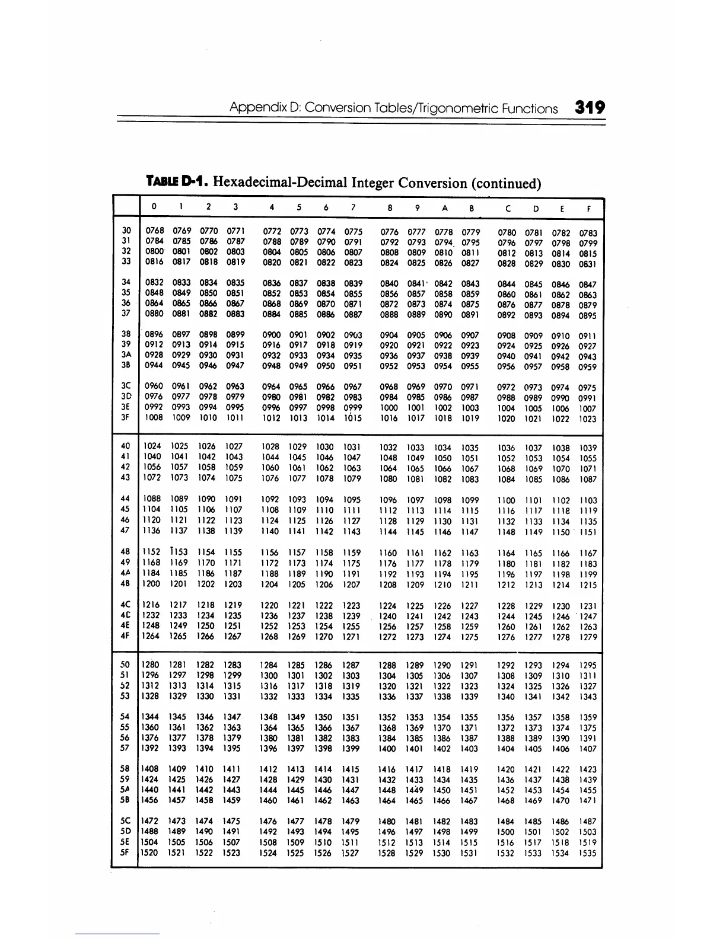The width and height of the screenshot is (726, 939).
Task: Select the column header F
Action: tap(588, 209)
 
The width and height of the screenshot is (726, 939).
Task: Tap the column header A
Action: tap(444, 208)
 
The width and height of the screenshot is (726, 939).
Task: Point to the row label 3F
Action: tap(126, 417)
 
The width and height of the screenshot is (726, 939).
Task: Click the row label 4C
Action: tap(126, 605)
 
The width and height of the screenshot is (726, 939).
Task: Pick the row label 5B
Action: tap(126, 800)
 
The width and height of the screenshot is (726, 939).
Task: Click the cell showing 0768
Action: tap(154, 231)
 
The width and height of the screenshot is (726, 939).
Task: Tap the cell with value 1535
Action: tap(588, 854)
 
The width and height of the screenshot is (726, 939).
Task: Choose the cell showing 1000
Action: tap(389, 408)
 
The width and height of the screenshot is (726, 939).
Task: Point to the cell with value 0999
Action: tap(353, 407)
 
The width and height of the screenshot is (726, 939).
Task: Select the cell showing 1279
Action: tap(588, 637)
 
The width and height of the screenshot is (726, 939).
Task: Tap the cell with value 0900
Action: tap(271, 335)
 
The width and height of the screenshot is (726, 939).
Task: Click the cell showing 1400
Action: tap(387, 749)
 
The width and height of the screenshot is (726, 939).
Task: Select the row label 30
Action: tap(126, 230)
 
